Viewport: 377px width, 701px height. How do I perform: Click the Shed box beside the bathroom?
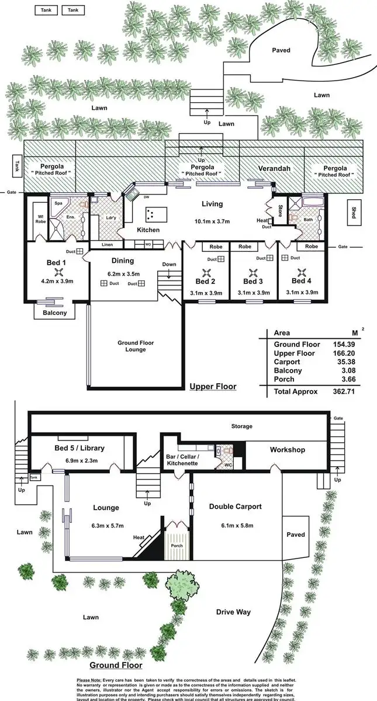coord(354,210)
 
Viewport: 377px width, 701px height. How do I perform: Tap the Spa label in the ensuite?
coord(58,203)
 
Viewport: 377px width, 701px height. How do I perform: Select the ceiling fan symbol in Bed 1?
coord(58,272)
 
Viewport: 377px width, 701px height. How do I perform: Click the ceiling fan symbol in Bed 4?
coord(302,272)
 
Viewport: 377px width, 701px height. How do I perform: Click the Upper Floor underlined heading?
coord(213,386)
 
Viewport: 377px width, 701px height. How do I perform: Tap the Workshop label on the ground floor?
coord(287,450)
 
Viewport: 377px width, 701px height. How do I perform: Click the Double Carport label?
coord(235,506)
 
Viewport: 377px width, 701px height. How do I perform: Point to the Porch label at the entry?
coord(177,546)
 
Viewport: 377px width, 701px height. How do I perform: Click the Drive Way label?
coord(233,612)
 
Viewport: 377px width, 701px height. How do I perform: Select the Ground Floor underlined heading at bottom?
coord(115,665)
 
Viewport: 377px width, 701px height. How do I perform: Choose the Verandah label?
coord(274,169)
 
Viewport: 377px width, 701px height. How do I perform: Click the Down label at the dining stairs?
coord(169,264)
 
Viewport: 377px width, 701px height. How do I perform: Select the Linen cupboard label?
coord(107,244)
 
